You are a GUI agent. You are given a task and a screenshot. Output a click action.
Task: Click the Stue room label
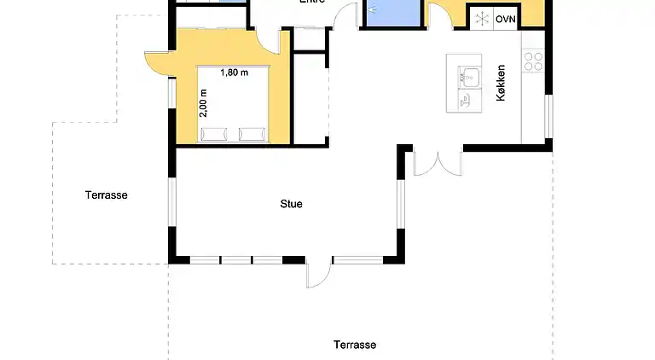[292, 204]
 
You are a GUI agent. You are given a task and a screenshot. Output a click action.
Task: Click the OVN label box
[507, 19]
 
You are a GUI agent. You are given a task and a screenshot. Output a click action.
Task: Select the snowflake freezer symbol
[481, 19]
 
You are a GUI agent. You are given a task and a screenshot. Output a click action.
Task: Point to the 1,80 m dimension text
[234, 73]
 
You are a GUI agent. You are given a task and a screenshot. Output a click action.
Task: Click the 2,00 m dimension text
[204, 103]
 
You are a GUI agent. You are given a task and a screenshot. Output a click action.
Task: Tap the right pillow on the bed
[252, 133]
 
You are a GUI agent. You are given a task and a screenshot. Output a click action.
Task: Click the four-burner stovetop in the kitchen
[533, 60]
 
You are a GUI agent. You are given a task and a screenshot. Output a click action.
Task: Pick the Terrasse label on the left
[106, 195]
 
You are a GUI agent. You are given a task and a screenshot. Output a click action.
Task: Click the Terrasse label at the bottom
[355, 345]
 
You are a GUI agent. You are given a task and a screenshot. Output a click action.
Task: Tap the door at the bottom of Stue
[318, 272]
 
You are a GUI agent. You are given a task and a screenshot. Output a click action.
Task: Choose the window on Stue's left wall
[172, 204]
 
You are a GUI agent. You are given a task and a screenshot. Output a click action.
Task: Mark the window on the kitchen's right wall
[548, 115]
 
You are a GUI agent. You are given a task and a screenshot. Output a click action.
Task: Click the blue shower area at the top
[393, 12]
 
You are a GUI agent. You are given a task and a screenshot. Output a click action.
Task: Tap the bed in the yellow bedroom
[234, 102]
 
